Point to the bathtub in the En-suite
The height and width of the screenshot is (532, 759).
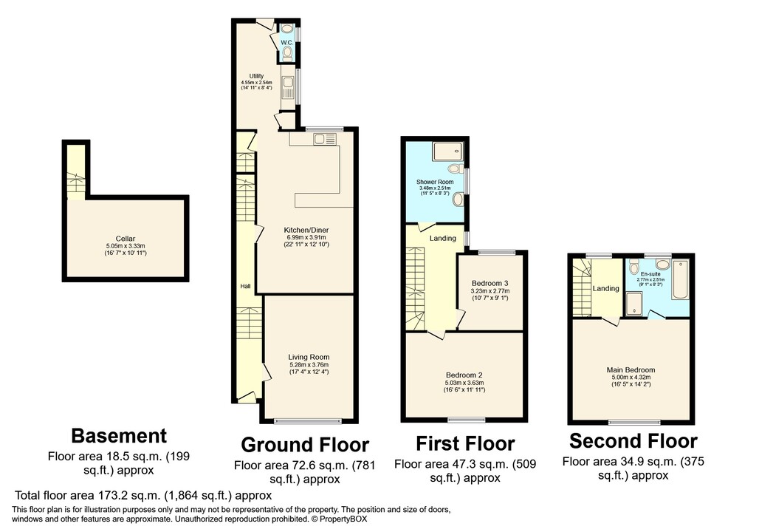click(680, 279)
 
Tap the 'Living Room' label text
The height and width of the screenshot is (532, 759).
click(309, 358)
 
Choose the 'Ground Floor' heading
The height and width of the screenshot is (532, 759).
click(305, 445)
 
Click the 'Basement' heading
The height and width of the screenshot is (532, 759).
click(119, 436)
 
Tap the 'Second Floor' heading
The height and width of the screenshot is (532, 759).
click(633, 441)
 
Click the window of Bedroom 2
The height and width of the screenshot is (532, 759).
click(463, 420)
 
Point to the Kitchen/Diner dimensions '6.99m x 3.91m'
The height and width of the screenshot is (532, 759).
click(306, 237)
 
